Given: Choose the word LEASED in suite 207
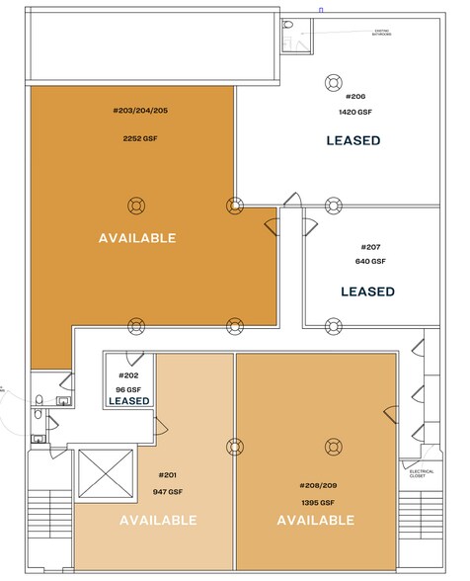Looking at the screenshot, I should [x=367, y=291].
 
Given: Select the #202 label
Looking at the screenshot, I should [x=129, y=375].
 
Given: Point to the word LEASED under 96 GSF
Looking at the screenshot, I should [x=129, y=401].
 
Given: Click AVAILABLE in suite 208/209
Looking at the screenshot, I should [x=316, y=520].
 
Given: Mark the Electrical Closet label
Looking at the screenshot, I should [x=422, y=474].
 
